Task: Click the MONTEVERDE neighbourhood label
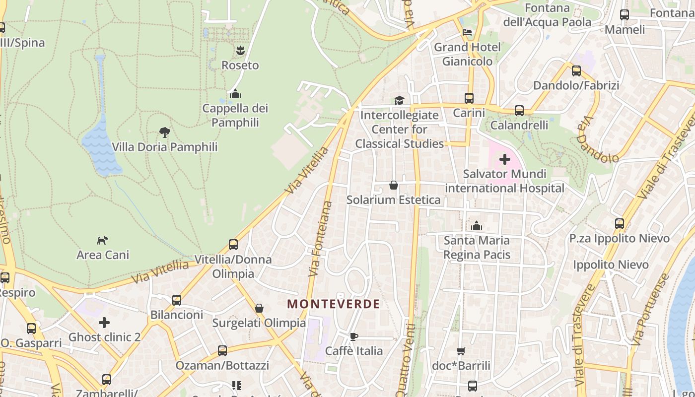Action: [334, 304]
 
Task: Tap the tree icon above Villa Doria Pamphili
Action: [165, 132]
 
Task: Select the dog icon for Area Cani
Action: [103, 240]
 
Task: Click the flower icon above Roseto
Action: [240, 50]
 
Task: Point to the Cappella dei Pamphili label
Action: [235, 115]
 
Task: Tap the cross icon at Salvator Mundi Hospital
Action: [505, 159]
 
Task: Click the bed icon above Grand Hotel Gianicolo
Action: [467, 33]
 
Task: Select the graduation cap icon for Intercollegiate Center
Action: [400, 101]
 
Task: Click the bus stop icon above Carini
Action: [469, 98]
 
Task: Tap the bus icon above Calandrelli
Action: [519, 111]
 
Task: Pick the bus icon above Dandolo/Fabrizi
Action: [576, 71]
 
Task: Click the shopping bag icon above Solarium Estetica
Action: [394, 185]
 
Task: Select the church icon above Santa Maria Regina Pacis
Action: [477, 226]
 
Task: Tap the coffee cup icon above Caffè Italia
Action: [353, 336]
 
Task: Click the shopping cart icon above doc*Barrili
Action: [461, 351]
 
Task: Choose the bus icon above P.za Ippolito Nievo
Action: [620, 224]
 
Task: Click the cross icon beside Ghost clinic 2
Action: [104, 323]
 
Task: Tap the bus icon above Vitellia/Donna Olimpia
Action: [233, 245]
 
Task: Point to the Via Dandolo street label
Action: [597, 141]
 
